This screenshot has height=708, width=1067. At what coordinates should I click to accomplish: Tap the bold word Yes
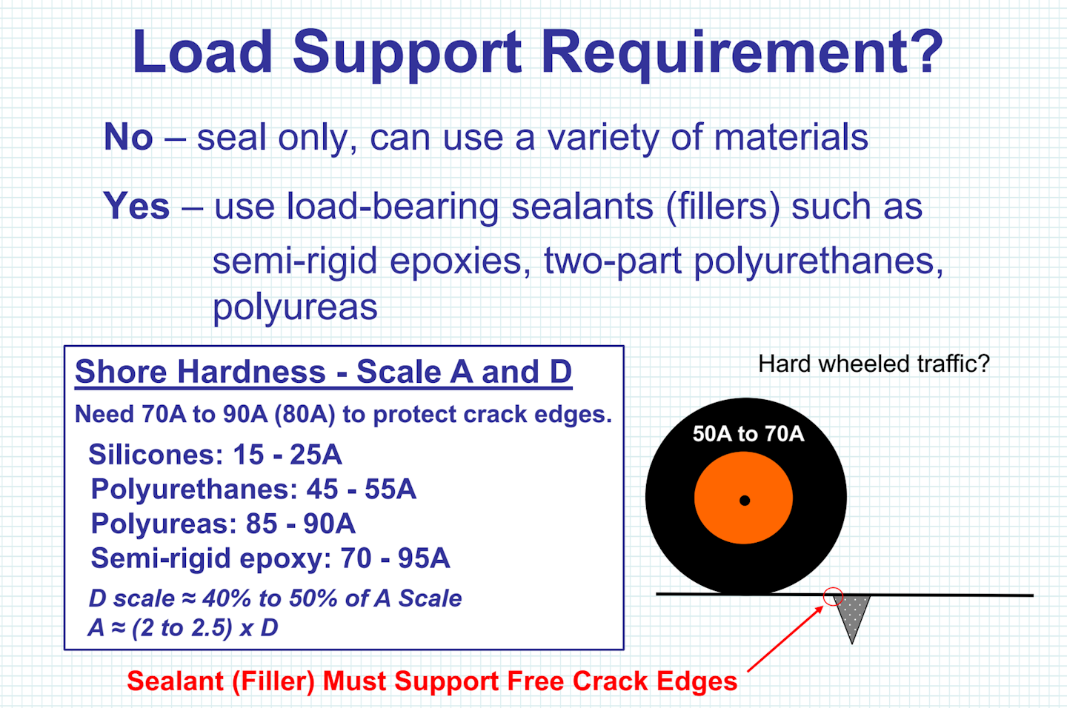[136, 206]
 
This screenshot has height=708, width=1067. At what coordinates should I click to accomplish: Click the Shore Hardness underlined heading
[323, 372]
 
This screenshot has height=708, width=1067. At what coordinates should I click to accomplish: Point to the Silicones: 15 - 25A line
[216, 454]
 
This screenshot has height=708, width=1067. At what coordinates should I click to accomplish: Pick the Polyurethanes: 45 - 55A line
[253, 489]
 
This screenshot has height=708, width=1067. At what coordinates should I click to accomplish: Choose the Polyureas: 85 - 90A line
[223, 524]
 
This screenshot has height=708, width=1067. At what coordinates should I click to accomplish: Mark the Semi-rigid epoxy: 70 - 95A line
[270, 558]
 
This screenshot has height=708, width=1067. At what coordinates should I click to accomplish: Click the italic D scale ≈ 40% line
[276, 598]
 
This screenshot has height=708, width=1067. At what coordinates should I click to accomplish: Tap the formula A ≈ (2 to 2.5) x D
[183, 628]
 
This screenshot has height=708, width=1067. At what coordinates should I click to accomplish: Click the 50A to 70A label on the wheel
[748, 434]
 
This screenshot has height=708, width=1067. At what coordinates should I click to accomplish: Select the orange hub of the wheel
[744, 498]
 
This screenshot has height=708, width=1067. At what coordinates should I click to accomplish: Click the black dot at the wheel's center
[745, 501]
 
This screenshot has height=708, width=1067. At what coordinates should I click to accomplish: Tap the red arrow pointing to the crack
[785, 638]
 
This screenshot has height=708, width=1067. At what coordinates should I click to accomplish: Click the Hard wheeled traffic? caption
[874, 364]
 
